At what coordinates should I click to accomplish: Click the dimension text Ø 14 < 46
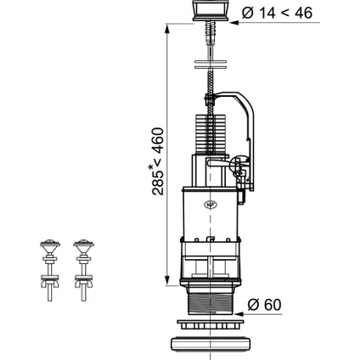[x=277, y=13]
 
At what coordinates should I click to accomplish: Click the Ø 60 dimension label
[x=264, y=305]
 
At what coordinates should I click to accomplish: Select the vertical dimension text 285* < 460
[x=158, y=161]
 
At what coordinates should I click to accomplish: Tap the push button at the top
[x=211, y=10]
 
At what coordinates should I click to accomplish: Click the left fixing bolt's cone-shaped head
[x=50, y=247]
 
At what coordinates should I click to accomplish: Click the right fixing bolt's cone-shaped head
[x=83, y=247]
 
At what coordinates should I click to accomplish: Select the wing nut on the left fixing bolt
[x=50, y=284]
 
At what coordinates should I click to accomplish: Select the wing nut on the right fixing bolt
[x=83, y=284]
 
